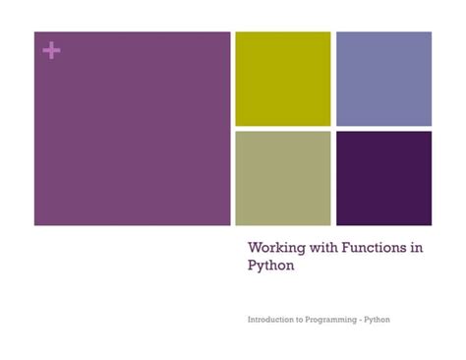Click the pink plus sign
pos(51,51)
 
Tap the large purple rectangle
pos(132,128)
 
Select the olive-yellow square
pos(282,79)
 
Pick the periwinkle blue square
pos(383,79)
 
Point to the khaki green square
pos(282,178)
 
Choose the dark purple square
pos(383,178)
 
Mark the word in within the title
pos(418,248)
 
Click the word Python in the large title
pos(270,266)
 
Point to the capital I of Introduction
pos(250,321)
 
